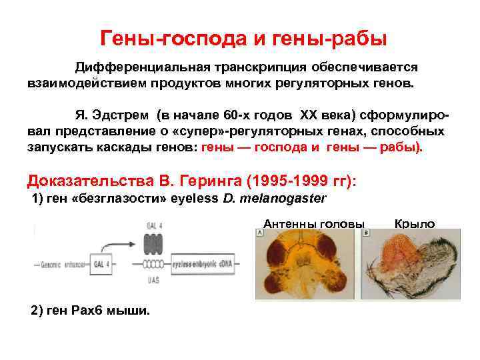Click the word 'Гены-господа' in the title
[x=173, y=39]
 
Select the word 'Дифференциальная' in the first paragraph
[x=141, y=68]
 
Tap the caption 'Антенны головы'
[x=314, y=224]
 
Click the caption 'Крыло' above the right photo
[x=415, y=224]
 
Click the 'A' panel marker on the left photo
[x=259, y=233]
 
